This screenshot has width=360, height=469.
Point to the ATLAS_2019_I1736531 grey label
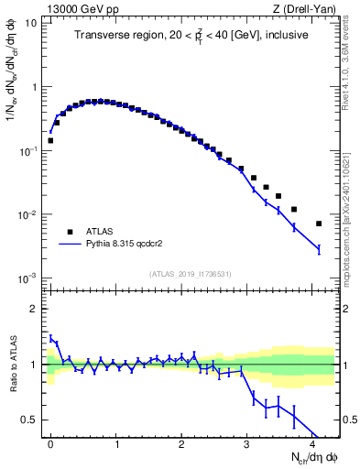point(189,274)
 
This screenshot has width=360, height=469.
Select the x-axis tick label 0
point(50,442)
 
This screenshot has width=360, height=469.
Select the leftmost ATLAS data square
point(50,141)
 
